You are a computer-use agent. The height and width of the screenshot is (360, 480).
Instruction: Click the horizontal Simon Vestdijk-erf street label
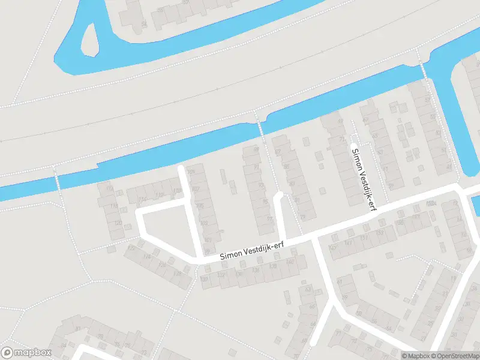(251, 251)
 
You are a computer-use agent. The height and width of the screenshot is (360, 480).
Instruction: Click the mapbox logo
(25, 353)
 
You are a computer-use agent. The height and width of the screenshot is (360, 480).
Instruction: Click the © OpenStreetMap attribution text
(455, 356)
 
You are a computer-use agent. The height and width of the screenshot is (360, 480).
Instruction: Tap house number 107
(195, 190)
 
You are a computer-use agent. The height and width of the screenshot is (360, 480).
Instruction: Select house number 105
(200, 206)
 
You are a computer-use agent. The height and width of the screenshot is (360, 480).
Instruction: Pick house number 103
(204, 223)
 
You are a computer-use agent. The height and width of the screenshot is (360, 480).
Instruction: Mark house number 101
(208, 240)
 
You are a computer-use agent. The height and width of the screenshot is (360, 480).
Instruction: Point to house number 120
(118, 223)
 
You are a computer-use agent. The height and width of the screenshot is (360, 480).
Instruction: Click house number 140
(290, 262)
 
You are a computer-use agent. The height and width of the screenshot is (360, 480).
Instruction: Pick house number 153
(379, 233)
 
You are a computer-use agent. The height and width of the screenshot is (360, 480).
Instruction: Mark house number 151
(364, 238)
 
